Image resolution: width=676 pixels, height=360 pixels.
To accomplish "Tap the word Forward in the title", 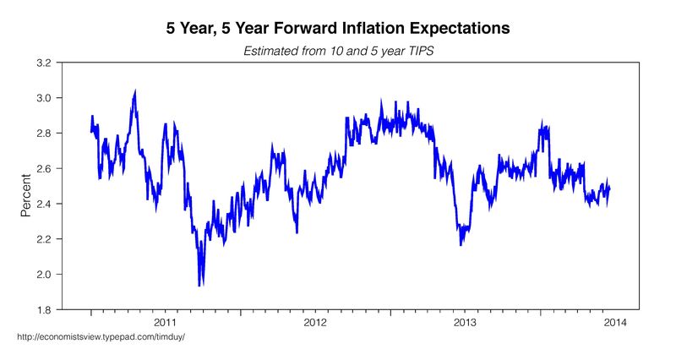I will point(285,28).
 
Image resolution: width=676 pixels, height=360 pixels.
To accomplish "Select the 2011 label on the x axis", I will point(166,323).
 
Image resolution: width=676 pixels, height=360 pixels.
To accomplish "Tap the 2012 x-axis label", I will point(315,323).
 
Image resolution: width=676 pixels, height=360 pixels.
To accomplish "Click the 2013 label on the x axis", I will point(465,323).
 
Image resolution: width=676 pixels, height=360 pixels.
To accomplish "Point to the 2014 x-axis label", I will point(614,323).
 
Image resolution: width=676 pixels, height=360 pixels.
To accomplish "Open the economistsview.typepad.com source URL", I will point(101,338).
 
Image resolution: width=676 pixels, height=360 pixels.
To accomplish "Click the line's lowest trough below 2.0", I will point(200,284).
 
